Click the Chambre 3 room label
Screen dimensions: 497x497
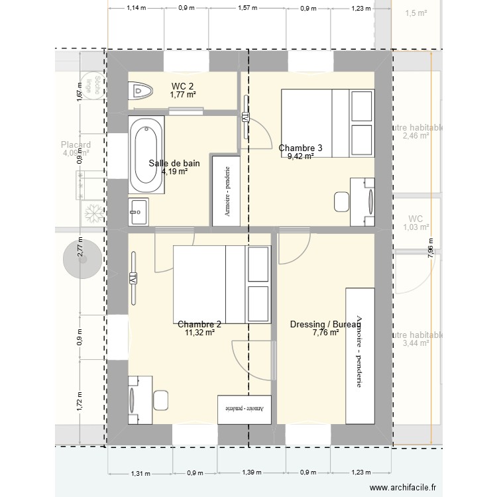(301, 148)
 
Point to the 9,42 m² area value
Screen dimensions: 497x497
(301, 157)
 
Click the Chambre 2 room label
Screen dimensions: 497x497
(199, 325)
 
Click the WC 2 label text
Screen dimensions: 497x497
(182, 86)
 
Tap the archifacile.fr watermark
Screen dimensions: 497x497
(405, 487)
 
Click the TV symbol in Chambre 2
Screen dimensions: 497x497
(133, 277)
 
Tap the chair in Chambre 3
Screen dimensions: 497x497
(342, 201)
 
